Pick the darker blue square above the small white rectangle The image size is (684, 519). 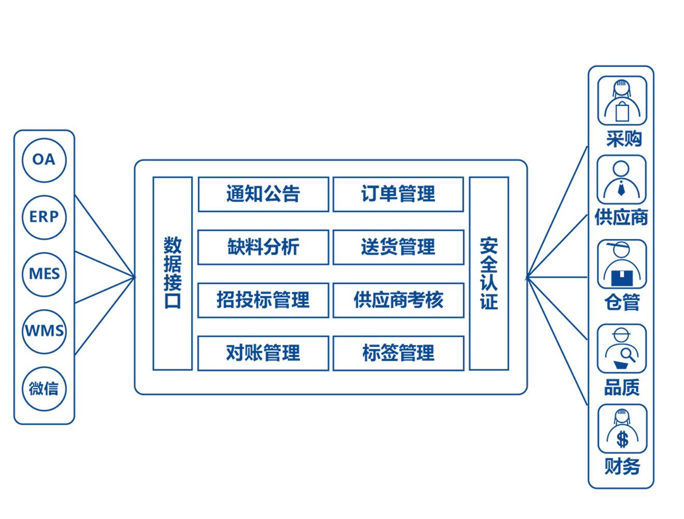(x=622, y=268)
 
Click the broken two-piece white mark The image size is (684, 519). (x=623, y=440)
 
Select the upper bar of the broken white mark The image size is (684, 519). (x=622, y=437)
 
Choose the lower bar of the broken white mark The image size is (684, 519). (x=623, y=443)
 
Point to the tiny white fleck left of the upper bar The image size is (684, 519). (x=620, y=437)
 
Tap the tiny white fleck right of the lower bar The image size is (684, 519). (x=625, y=443)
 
